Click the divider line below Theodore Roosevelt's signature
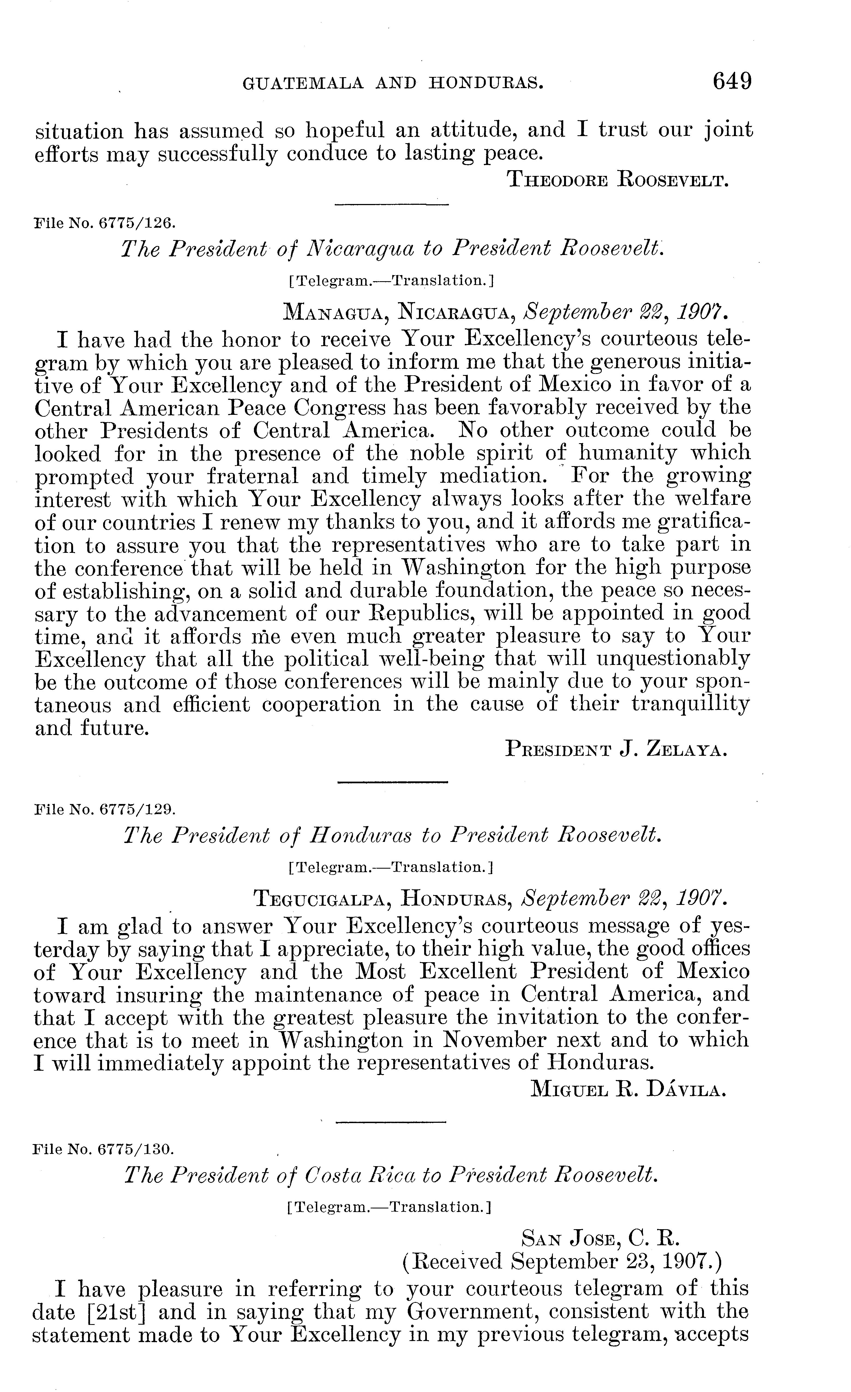click(392, 205)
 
